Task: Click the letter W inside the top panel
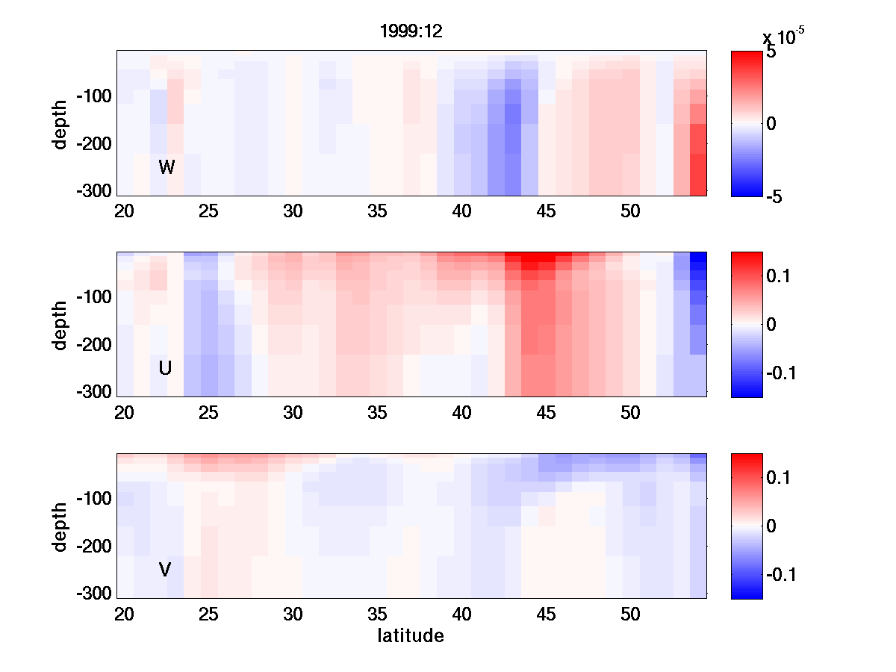(167, 167)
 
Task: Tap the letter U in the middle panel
(166, 368)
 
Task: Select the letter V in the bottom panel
(165, 570)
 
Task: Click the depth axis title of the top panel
(60, 123)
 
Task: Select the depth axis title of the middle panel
(60, 325)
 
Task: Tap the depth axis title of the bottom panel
(60, 526)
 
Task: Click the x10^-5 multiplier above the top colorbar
(783, 37)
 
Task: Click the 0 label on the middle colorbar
(771, 325)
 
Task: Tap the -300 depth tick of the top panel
(93, 190)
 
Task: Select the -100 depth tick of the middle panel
(93, 297)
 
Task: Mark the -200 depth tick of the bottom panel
(93, 547)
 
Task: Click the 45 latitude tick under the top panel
(547, 211)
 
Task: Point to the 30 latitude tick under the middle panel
(293, 413)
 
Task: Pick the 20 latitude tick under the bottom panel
(124, 615)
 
